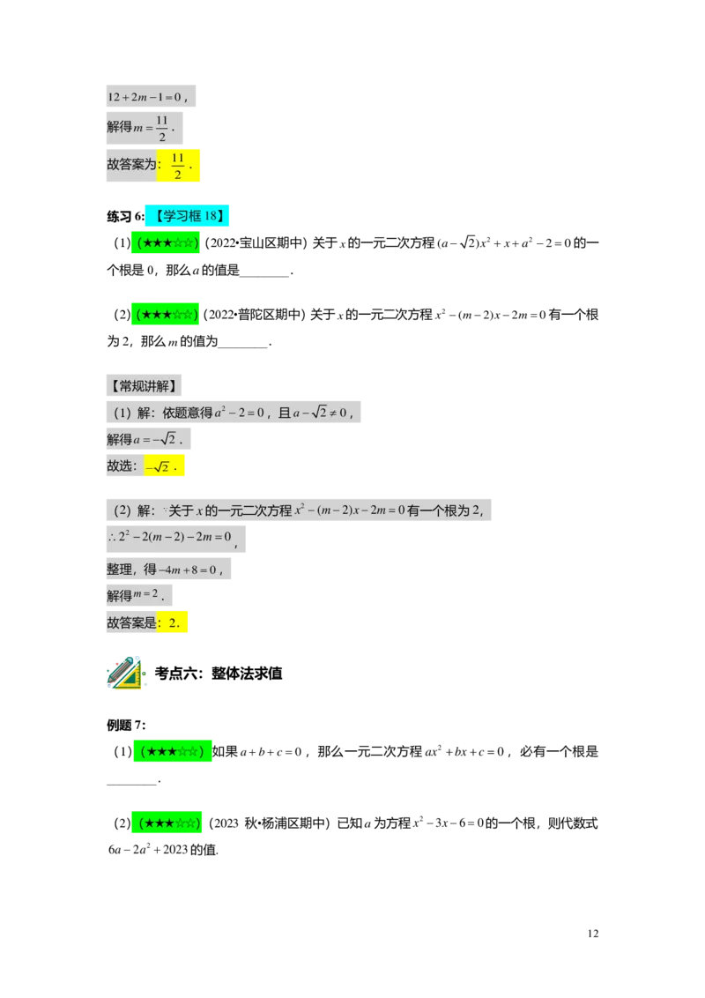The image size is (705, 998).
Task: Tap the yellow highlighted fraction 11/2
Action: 178,166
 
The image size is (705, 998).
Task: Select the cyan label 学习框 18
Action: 187,216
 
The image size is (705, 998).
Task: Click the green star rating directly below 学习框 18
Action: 167,242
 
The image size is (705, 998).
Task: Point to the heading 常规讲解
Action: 145,386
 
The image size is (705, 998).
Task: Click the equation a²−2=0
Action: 241,412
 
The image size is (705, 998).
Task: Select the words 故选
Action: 122,466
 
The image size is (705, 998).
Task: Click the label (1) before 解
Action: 122,412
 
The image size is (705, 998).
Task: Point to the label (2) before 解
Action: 122,510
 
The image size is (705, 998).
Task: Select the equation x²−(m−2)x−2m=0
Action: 349,510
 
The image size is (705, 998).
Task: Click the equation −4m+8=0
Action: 189,570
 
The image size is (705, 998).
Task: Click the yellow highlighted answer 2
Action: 173,622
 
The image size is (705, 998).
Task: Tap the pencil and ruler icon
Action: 125,673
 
